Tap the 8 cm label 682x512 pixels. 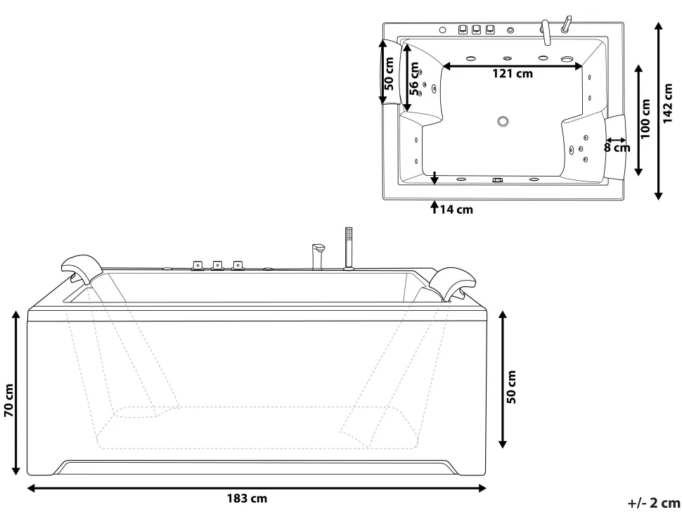point(617,148)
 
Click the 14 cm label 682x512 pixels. point(456,209)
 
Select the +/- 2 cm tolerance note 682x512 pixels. point(653,501)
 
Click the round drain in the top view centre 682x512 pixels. point(503,121)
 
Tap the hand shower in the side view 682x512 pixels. point(348,246)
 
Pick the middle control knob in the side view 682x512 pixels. point(217,266)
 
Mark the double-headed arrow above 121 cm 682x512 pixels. point(513,65)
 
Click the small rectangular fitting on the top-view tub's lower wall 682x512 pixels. point(498,180)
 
